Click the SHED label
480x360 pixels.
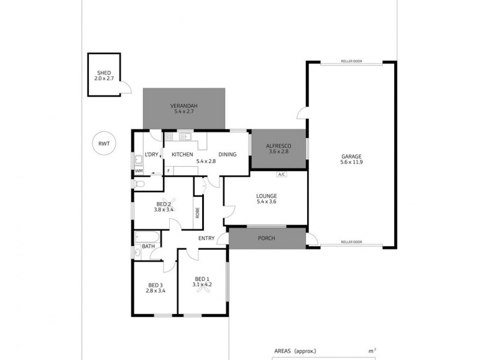point(103,73)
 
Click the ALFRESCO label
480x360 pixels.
point(278,145)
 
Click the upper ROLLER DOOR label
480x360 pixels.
point(350,61)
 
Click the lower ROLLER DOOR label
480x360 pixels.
point(350,242)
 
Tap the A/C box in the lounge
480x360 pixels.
point(281,175)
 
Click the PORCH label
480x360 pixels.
point(266,238)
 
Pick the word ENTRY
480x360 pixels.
point(206,238)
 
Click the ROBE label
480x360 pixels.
point(197,212)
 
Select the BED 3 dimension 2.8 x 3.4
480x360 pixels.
point(155,291)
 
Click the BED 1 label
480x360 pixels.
point(202,278)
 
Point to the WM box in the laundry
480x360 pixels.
point(139,171)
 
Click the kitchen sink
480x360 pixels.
point(185,137)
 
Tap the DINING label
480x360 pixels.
point(227,154)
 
